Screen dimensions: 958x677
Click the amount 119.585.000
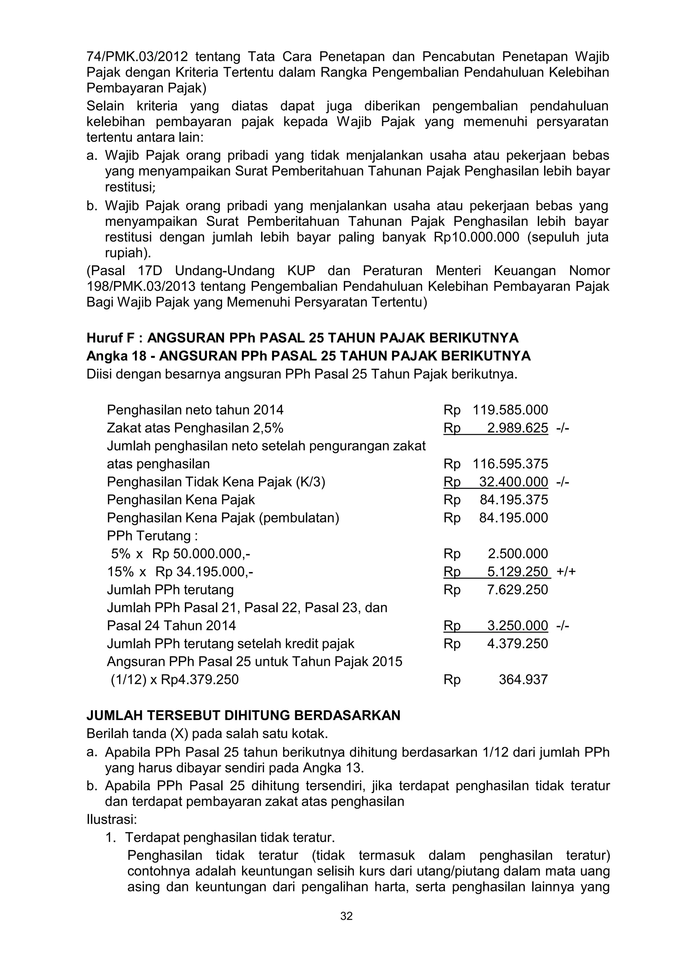510,410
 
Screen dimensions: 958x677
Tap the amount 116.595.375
510,464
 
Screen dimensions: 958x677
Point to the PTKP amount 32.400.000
513,481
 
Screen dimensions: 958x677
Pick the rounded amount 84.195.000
513,518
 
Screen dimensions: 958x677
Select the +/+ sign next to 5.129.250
566,571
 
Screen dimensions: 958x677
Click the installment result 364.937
523,679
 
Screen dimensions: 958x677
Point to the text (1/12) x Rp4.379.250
174,679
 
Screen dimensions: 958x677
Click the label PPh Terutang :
152,535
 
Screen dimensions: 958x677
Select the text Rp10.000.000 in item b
476,237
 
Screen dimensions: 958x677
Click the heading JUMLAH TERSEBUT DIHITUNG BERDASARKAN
243,715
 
